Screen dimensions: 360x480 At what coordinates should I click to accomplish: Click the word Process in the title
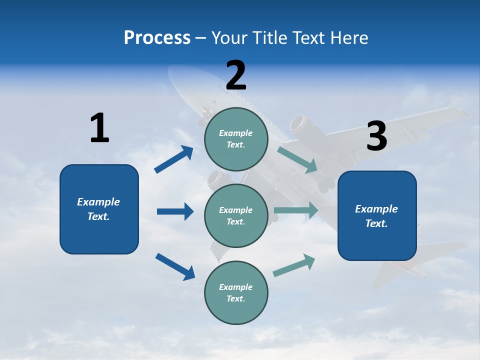(157, 38)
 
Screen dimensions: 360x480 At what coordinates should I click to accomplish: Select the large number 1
(99, 128)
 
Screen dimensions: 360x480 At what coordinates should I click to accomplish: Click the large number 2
(236, 75)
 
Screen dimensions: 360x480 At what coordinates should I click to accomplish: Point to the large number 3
(376, 136)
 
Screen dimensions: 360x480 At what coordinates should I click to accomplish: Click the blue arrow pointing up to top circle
(174, 159)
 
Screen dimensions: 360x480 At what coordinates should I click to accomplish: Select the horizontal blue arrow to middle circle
(175, 211)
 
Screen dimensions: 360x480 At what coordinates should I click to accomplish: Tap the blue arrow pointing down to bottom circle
(175, 266)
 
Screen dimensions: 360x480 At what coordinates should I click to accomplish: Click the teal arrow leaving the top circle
(297, 159)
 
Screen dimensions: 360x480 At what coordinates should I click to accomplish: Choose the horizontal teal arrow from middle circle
(296, 210)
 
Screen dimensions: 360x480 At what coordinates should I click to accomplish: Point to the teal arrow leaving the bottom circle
(294, 265)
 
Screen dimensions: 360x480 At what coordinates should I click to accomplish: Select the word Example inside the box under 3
(376, 209)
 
